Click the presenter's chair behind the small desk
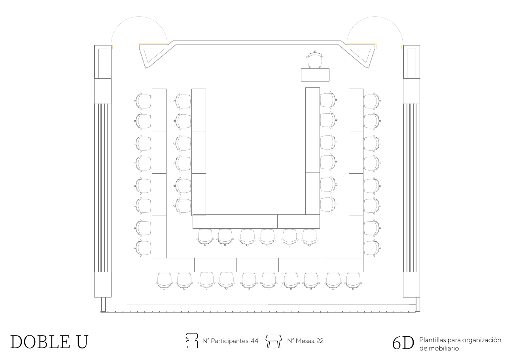pos(315,59)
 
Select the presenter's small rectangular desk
pos(315,75)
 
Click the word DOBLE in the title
pos(40,342)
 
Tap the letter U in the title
pos(82,342)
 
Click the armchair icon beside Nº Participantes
pos(191,341)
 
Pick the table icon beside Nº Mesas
pos(274,341)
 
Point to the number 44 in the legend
pos(255,341)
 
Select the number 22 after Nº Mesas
pos(320,341)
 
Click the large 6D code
pos(403,343)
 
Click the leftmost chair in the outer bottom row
pos(164,281)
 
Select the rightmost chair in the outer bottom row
pos(353,281)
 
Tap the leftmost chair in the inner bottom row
pos(205,237)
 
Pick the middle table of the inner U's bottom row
pos(256,222)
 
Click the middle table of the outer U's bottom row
pos(257,265)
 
